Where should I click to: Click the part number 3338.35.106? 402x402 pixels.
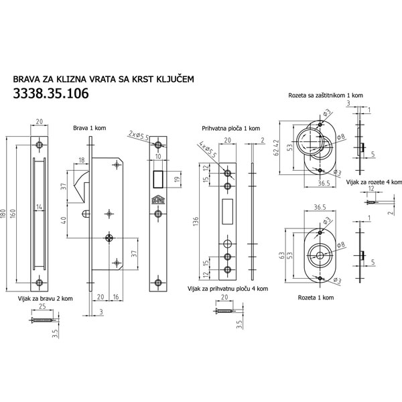(51, 93)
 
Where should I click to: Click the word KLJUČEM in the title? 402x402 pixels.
(176, 79)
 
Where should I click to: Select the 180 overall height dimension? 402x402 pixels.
(3, 214)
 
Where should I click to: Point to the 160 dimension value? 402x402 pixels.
(13, 214)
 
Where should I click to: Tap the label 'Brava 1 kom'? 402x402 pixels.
(90, 128)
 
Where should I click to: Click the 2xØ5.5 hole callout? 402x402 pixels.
(139, 135)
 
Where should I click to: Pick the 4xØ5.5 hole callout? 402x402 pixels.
(207, 151)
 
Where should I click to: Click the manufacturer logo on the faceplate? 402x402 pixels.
(158, 200)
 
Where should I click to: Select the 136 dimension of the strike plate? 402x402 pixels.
(196, 222)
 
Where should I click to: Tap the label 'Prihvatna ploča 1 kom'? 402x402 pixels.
(230, 128)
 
